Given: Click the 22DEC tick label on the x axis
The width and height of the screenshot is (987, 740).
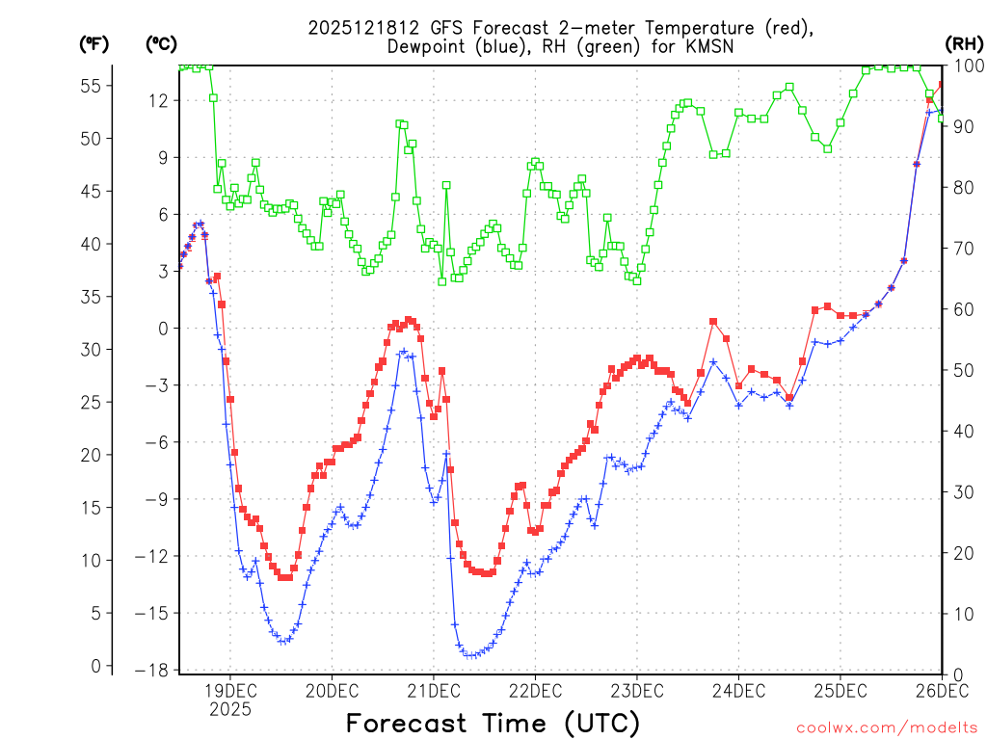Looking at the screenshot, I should [x=534, y=691].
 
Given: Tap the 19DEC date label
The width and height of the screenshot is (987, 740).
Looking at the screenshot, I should [x=230, y=691].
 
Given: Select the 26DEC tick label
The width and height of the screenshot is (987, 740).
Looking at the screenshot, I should [x=940, y=691].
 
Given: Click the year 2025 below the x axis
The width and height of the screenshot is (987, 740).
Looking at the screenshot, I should [x=230, y=709].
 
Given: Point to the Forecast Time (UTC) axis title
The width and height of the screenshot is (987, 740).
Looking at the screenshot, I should [x=493, y=723].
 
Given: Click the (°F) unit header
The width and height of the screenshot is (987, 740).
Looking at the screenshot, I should [x=94, y=43].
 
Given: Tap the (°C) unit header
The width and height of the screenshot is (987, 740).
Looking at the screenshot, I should [x=161, y=43].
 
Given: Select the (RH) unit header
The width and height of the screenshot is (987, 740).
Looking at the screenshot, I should [x=963, y=43].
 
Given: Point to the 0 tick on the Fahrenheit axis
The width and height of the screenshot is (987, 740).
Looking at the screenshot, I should [x=95, y=666].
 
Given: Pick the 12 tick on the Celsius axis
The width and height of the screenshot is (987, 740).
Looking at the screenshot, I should [x=160, y=100].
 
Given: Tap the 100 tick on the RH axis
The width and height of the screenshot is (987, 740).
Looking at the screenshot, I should [x=968, y=66].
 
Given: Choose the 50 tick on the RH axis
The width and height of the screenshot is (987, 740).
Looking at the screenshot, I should [x=963, y=370].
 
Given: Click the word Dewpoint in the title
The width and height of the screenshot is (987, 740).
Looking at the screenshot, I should [x=427, y=46].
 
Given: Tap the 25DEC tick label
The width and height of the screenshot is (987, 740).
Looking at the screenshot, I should [x=840, y=691].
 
